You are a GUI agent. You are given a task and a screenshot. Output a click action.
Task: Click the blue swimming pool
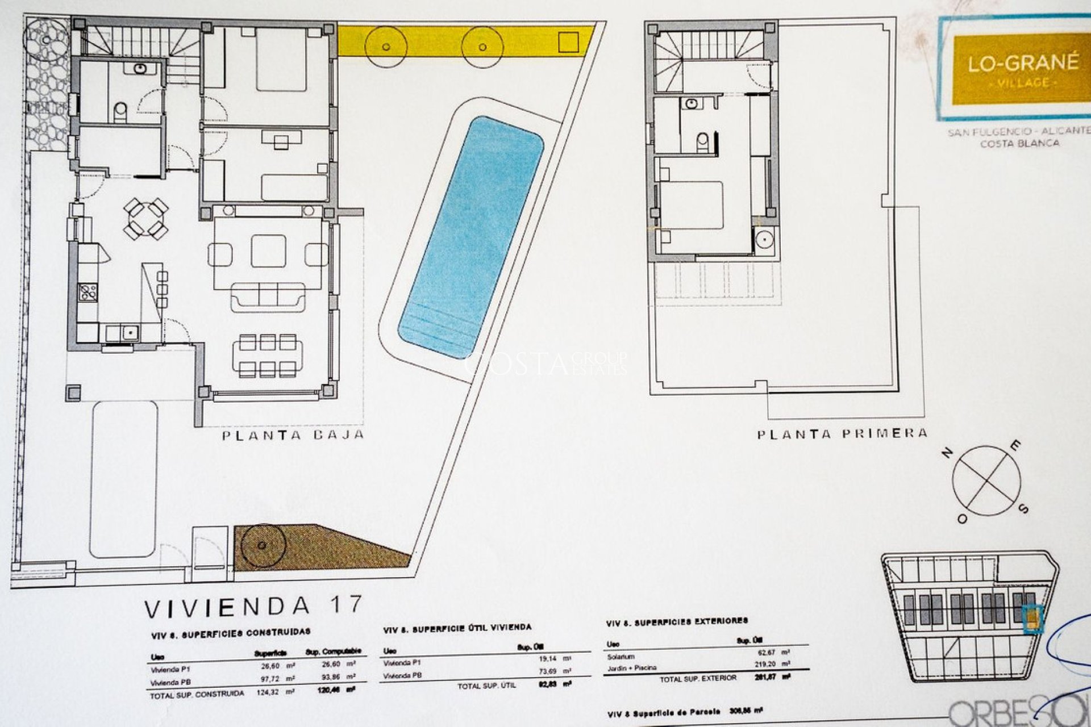[470, 237]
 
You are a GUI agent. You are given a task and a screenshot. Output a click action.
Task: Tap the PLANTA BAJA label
[293, 436]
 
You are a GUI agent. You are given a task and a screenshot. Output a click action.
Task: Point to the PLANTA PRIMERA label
[842, 434]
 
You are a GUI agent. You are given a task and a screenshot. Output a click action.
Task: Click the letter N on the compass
[947, 453]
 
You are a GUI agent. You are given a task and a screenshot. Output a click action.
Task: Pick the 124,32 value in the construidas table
[269, 692]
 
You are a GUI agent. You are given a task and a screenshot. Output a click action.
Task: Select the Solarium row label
[621, 657]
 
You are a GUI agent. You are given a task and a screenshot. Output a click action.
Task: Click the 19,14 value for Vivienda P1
[548, 659]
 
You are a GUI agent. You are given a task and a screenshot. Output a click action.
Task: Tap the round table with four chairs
[145, 218]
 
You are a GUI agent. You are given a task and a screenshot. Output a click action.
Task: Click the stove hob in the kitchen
[88, 292]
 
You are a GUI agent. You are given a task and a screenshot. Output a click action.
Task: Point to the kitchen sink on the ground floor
[130, 332]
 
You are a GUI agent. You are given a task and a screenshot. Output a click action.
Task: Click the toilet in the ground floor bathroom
[120, 111]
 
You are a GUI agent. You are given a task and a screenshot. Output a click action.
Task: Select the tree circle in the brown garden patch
[262, 545]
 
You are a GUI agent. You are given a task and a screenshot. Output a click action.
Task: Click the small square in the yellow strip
[568, 43]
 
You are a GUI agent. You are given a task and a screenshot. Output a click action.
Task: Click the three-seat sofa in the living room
[268, 296]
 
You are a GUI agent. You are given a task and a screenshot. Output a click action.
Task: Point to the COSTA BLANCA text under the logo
[1019, 144]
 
